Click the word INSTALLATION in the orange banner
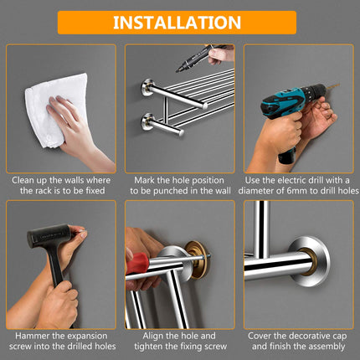point(177,23)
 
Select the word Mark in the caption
point(148,179)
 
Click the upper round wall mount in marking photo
point(148,87)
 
